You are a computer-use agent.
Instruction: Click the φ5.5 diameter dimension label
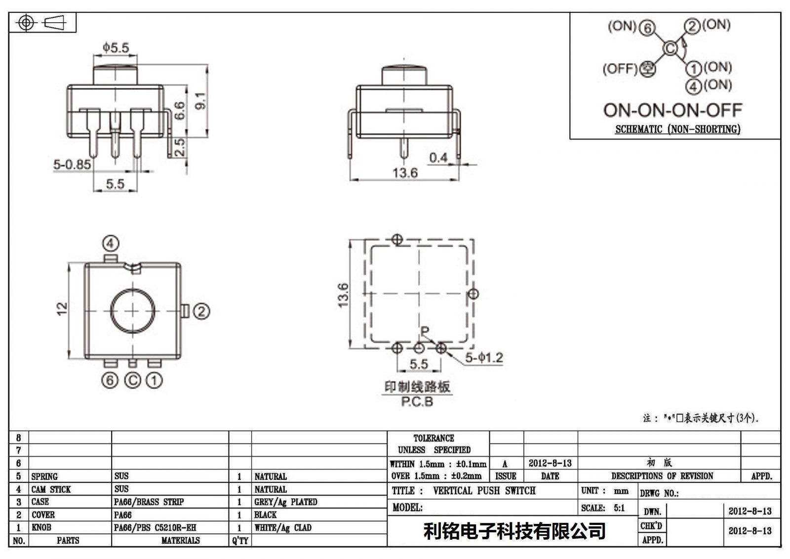tap(116, 47)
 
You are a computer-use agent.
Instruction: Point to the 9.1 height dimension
tap(200, 101)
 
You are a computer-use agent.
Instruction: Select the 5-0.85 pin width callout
tap(72, 164)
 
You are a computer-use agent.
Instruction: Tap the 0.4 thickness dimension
tap(438, 158)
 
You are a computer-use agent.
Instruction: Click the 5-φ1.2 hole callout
tap(484, 358)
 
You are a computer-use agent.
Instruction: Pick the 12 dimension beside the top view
tap(62, 309)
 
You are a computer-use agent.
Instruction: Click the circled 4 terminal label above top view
tap(111, 243)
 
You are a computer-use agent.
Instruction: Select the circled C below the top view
tap(133, 380)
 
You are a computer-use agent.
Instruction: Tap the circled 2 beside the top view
tap(201, 311)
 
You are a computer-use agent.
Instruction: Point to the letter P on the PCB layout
tap(425, 331)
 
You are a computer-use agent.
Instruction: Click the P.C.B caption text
tap(417, 402)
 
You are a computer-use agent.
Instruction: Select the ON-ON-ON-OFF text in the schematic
tap(672, 110)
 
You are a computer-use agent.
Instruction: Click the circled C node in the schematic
tap(670, 48)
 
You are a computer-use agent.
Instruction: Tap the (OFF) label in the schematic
tap(620, 69)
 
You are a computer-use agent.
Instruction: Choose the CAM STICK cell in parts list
tap(51, 489)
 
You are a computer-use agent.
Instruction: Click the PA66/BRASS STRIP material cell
tap(149, 502)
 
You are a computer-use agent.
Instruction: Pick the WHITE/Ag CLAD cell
tap(283, 527)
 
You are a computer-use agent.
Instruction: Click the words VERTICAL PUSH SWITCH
tap(484, 490)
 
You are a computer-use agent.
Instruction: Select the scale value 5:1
tap(619, 508)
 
